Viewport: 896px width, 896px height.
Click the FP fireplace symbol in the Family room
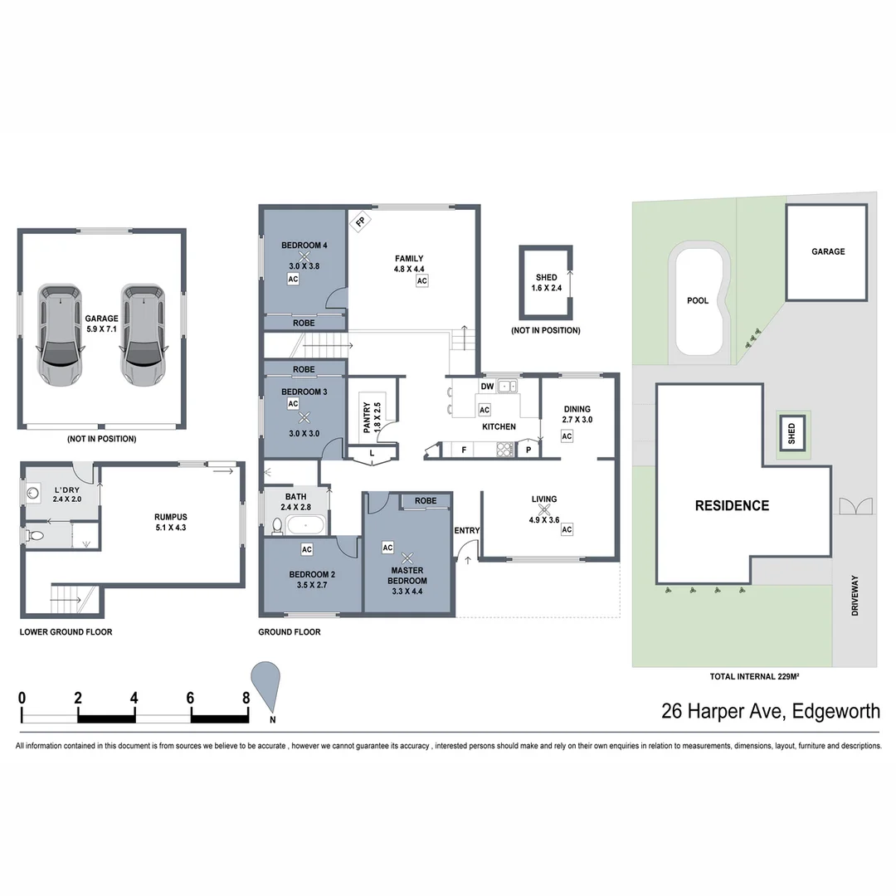tap(360, 222)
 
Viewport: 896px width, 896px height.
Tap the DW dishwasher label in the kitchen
tap(487, 387)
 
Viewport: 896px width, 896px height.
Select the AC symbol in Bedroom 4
tap(292, 280)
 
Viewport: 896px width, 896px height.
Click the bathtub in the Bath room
tap(306, 524)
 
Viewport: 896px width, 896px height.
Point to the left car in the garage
tap(60, 334)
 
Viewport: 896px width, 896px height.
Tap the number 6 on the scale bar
tap(190, 697)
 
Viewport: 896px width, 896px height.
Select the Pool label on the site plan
tap(698, 300)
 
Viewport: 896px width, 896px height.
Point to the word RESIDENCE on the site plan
tap(731, 505)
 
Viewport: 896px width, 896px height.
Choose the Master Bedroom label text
tap(407, 575)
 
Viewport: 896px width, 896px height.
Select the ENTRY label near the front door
tap(466, 530)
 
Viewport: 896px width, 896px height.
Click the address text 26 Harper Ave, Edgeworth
tap(770, 711)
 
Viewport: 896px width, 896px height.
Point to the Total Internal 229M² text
tap(754, 677)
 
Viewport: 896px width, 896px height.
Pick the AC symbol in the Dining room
tap(567, 436)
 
